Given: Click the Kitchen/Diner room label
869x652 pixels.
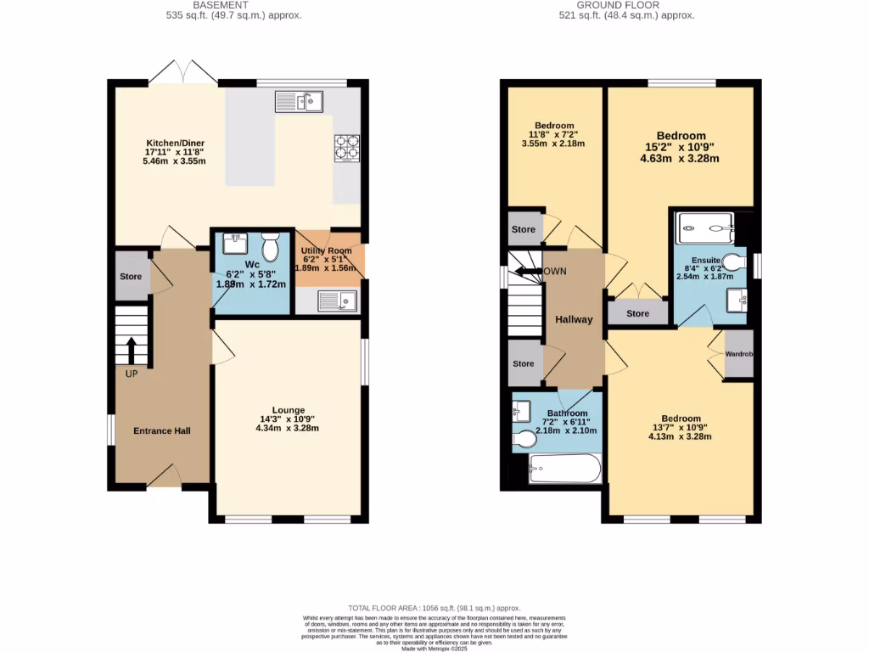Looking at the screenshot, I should point(175,143).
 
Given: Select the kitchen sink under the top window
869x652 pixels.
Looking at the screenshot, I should point(298,102).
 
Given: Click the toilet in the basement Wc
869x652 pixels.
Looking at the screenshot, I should point(271,248).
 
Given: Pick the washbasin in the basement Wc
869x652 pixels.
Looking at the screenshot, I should point(233,244).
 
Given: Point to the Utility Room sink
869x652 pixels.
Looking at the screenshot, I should point(337,300).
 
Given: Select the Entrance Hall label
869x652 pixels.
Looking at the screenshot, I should point(162,431).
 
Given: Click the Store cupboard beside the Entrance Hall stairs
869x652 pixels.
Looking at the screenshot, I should point(131,277).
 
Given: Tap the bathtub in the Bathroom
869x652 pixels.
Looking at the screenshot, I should point(564,469).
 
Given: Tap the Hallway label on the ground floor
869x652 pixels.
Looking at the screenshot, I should point(574,319).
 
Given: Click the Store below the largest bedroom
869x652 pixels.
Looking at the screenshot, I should point(637,313).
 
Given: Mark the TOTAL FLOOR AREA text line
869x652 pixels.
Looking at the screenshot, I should point(434,609).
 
